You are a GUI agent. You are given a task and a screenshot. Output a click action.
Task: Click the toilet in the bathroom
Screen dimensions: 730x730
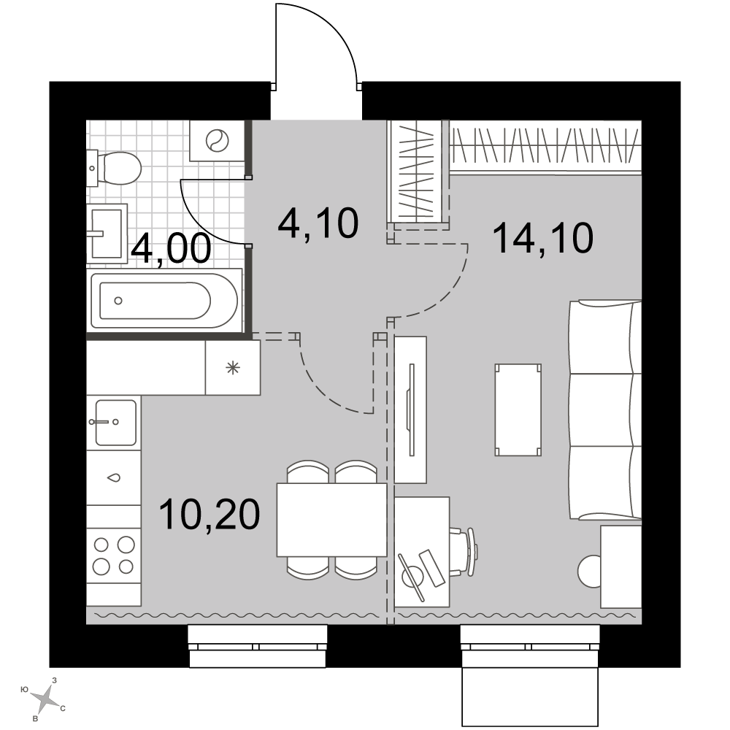point(114,168)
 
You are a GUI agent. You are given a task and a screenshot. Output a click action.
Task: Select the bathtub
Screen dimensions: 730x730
point(165,301)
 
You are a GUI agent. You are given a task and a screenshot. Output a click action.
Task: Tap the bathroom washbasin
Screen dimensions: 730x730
point(107,234)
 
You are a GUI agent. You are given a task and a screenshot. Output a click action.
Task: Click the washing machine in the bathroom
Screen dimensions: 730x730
point(217,141)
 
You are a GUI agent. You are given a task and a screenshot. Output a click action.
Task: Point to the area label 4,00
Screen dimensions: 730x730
point(171,249)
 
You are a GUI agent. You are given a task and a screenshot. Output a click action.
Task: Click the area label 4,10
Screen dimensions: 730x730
point(318,223)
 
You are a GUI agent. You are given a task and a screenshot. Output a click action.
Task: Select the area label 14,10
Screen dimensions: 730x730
point(542,238)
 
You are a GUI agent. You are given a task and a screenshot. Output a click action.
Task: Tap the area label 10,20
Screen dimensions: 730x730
point(210,514)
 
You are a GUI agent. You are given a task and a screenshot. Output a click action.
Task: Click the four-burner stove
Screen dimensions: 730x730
point(114,555)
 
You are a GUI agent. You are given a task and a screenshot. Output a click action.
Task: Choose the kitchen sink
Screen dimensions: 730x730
point(114,422)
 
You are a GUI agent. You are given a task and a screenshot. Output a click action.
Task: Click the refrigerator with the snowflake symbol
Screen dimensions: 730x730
point(233,368)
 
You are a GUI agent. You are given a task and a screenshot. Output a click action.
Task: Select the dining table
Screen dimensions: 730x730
point(332,520)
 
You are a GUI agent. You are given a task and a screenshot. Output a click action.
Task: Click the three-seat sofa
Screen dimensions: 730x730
point(605,410)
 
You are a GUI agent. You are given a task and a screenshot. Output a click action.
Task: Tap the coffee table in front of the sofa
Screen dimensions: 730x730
point(518,410)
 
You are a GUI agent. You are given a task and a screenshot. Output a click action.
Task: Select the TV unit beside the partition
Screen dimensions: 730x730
point(410,410)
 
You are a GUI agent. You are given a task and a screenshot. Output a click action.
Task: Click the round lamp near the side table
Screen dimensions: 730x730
point(589,572)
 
